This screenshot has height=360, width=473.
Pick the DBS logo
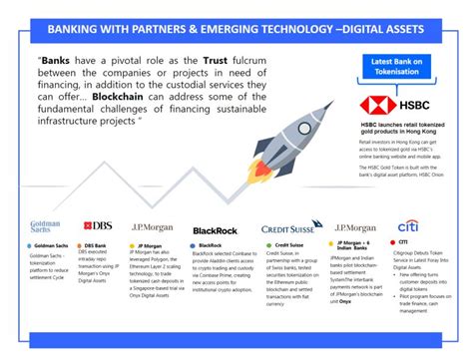(x=98, y=226)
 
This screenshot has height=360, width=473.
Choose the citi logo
(x=408, y=226)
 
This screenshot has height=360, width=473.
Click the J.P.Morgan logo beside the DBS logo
(x=153, y=226)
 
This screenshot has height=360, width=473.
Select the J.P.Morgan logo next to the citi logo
(x=356, y=227)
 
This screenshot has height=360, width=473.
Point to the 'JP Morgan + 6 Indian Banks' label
(x=358, y=246)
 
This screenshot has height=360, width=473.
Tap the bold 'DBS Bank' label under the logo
(x=96, y=244)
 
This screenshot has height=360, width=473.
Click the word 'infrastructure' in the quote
(x=71, y=126)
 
